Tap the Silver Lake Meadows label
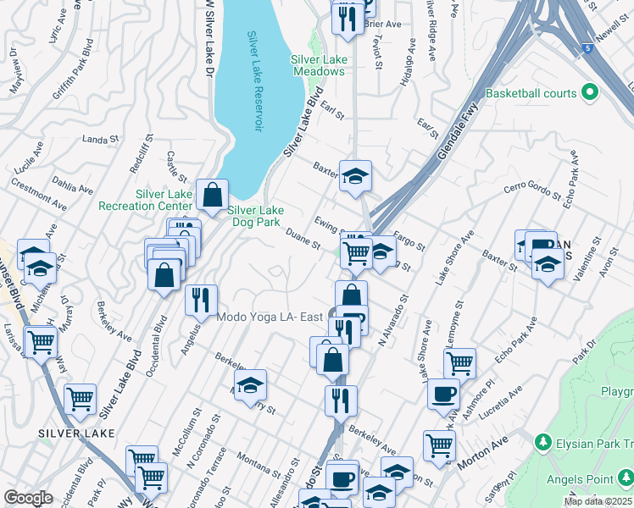tap(318, 65)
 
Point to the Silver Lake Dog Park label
tap(253, 216)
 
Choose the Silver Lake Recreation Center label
tap(145, 200)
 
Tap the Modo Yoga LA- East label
tap(270, 317)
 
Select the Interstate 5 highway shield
tap(588, 49)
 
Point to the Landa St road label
tap(98, 139)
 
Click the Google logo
tap(28, 498)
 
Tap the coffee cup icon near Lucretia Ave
tap(443, 395)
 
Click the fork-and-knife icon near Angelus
tap(202, 300)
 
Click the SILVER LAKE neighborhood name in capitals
tap(76, 433)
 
